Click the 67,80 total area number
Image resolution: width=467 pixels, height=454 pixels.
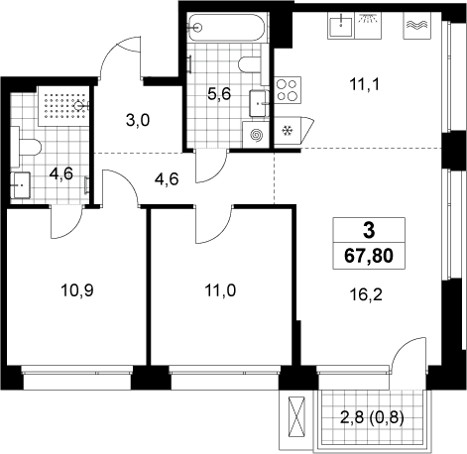(x=369, y=256)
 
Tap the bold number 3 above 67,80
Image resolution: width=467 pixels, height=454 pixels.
(x=369, y=230)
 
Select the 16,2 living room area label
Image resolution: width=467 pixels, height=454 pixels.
(x=366, y=294)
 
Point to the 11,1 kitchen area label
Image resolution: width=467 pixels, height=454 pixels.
(x=365, y=84)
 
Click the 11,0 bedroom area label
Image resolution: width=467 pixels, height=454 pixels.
(x=220, y=290)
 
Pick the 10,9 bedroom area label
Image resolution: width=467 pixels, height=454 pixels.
(x=77, y=290)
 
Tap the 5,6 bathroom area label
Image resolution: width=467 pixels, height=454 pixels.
(x=219, y=94)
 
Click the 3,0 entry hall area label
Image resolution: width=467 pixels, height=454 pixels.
(x=138, y=121)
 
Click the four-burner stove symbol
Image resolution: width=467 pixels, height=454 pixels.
(x=288, y=89)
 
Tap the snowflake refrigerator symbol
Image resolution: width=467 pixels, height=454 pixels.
(x=287, y=131)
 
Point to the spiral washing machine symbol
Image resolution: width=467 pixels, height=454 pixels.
(x=256, y=135)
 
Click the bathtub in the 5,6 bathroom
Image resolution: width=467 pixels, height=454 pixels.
(x=227, y=28)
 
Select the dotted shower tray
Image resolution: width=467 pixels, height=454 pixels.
(x=63, y=106)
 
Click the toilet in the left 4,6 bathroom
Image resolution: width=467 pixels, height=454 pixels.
(x=26, y=147)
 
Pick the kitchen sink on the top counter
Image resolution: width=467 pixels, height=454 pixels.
(x=340, y=26)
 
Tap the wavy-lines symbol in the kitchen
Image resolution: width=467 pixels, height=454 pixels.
(x=416, y=26)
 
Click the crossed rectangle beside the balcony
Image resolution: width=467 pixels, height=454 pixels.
(x=295, y=416)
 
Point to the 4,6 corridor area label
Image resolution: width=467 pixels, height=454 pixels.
(x=167, y=179)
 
